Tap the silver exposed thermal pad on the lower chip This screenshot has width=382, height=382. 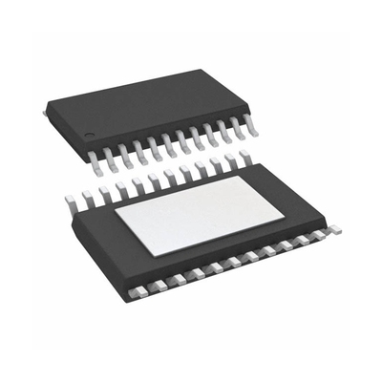tap(200, 208)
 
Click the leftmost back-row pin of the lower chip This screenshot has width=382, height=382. tap(70, 201)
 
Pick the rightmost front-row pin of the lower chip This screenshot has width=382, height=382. tap(333, 229)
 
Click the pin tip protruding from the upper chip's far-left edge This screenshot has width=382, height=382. tap(45, 113)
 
